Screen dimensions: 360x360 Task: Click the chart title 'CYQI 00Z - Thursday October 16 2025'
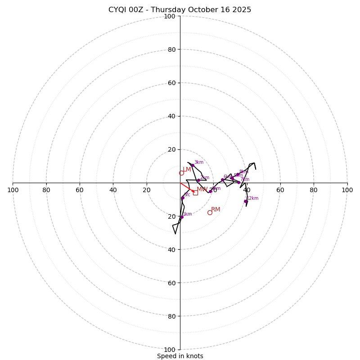pyautogui.click(x=180, y=10)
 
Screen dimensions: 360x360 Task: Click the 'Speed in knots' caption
pyautogui.click(x=180, y=356)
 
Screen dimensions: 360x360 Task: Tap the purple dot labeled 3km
pyautogui.click(x=193, y=165)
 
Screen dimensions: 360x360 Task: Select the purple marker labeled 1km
pyautogui.click(x=182, y=217)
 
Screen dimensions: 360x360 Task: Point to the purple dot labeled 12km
pyautogui.click(x=245, y=201)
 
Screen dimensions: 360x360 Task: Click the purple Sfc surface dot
pyautogui.click(x=183, y=198)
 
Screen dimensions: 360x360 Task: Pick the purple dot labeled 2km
pyautogui.click(x=198, y=180)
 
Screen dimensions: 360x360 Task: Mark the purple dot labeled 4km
pyautogui.click(x=210, y=191)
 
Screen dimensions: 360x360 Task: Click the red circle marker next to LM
pyautogui.click(x=181, y=173)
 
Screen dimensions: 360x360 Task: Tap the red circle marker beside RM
pyautogui.click(x=210, y=212)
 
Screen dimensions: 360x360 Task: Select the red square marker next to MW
pyautogui.click(x=195, y=193)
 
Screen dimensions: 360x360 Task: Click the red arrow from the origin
pyautogui.click(x=187, y=187)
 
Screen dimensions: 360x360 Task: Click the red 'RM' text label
pyautogui.click(x=216, y=210)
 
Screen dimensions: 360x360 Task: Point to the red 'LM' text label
pyautogui.click(x=187, y=170)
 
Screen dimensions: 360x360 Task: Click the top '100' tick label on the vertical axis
pyautogui.click(x=170, y=16)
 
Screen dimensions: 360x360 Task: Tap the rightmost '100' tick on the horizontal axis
pyautogui.click(x=347, y=190)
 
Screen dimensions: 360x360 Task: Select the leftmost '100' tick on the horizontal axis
pyautogui.click(x=13, y=190)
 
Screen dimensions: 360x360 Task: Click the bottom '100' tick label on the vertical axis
pyautogui.click(x=170, y=350)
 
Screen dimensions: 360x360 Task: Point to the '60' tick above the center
pyautogui.click(x=171, y=83)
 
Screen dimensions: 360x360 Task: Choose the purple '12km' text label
pyautogui.click(x=252, y=198)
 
